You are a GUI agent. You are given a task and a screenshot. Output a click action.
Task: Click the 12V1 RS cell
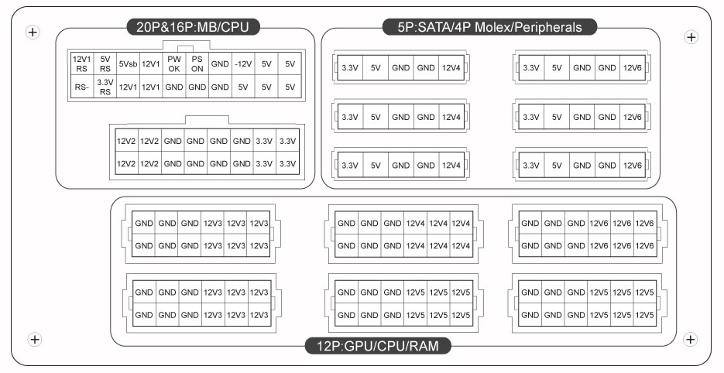[82, 63]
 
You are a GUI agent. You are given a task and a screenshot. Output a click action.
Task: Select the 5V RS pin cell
[105, 63]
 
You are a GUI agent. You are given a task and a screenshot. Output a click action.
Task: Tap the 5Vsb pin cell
[128, 63]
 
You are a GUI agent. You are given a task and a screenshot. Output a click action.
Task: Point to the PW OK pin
[174, 63]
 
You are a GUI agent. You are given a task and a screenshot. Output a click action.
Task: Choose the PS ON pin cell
[197, 63]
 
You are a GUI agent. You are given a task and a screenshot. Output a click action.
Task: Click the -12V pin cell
[243, 63]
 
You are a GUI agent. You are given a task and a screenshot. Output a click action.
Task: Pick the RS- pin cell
[82, 87]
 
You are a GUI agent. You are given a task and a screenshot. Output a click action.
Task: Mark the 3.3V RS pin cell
[105, 87]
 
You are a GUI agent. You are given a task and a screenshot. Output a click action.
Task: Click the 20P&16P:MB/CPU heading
[193, 27]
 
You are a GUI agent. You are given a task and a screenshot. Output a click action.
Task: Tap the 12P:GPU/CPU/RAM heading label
[378, 345]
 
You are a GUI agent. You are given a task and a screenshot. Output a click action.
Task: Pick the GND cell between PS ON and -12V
[220, 63]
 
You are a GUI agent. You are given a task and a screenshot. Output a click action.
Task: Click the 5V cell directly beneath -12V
[243, 87]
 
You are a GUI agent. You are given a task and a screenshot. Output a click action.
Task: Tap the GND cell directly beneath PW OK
[174, 87]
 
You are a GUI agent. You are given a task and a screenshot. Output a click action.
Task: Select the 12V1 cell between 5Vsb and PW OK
[151, 63]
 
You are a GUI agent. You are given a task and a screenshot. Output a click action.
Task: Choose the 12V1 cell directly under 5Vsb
[128, 87]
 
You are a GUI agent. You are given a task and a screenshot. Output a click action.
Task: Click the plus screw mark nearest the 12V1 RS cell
[33, 32]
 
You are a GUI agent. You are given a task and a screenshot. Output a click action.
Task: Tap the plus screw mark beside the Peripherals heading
[691, 37]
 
